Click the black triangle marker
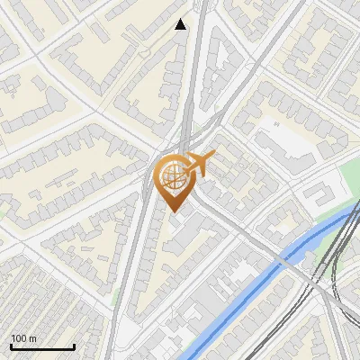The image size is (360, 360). pos(181,24)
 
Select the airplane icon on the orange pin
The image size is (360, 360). pos(196,166)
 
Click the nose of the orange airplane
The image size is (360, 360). pos(212,157)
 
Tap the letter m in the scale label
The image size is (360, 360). pos(33,338)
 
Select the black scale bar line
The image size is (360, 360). pos(42,346)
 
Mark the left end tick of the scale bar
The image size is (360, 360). pos(11,345)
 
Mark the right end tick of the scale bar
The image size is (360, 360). pos(74,345)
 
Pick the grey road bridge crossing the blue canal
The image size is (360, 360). pos(286,262)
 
